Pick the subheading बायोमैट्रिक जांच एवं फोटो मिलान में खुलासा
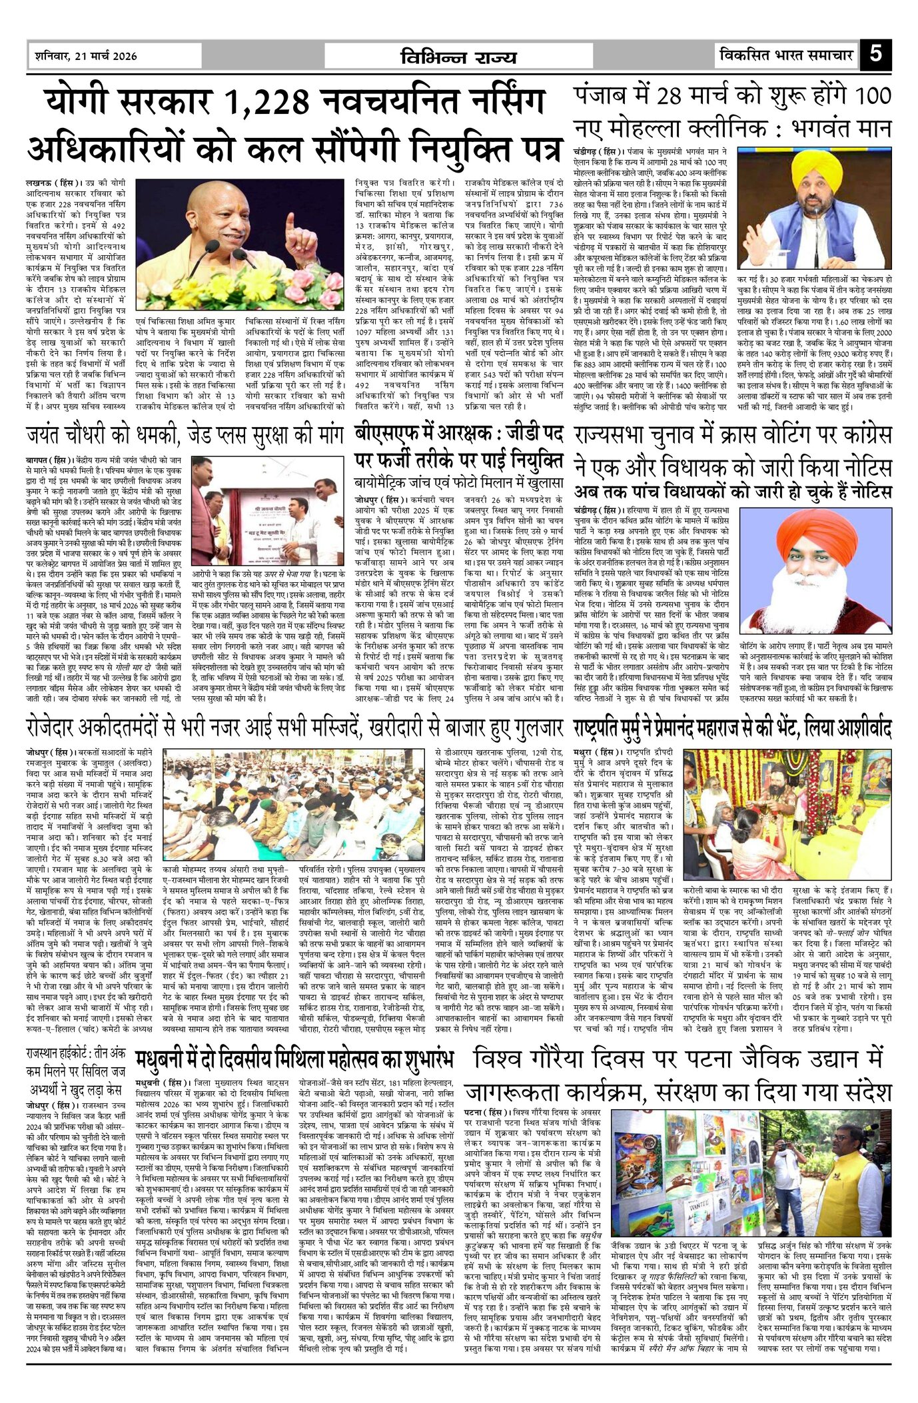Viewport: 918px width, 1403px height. (459, 482)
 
